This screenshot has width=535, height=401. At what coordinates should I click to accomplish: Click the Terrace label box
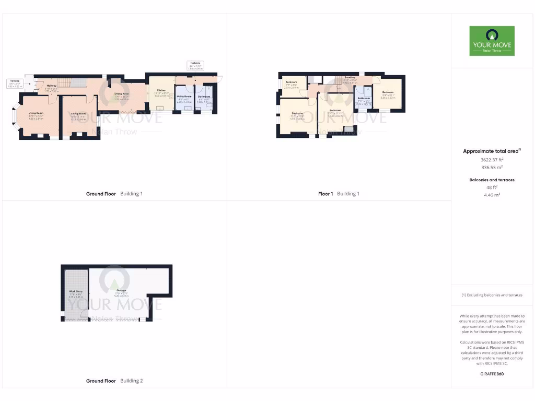click(15, 83)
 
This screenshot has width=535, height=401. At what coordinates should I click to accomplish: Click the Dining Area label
click(122, 93)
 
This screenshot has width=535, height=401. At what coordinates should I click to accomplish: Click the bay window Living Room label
click(36, 113)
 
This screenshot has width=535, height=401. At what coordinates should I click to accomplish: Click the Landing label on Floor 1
click(350, 77)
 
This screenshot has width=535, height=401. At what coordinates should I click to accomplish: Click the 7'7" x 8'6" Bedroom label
click(291, 82)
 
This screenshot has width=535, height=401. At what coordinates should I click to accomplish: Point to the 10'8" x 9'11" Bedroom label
click(388, 92)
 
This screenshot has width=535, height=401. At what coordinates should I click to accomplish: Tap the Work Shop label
click(76, 291)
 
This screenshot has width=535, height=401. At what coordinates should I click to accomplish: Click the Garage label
click(121, 290)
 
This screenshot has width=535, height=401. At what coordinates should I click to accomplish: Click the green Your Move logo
click(492, 41)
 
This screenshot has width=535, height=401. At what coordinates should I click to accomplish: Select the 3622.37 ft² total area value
click(491, 159)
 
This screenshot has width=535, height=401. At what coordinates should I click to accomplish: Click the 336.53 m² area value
click(491, 168)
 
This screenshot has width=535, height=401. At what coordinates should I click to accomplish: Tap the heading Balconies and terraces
click(491, 180)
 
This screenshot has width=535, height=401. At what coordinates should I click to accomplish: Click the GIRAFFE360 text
click(491, 374)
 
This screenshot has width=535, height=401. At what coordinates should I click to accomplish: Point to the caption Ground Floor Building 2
click(114, 381)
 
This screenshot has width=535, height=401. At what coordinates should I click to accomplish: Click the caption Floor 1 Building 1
click(339, 194)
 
